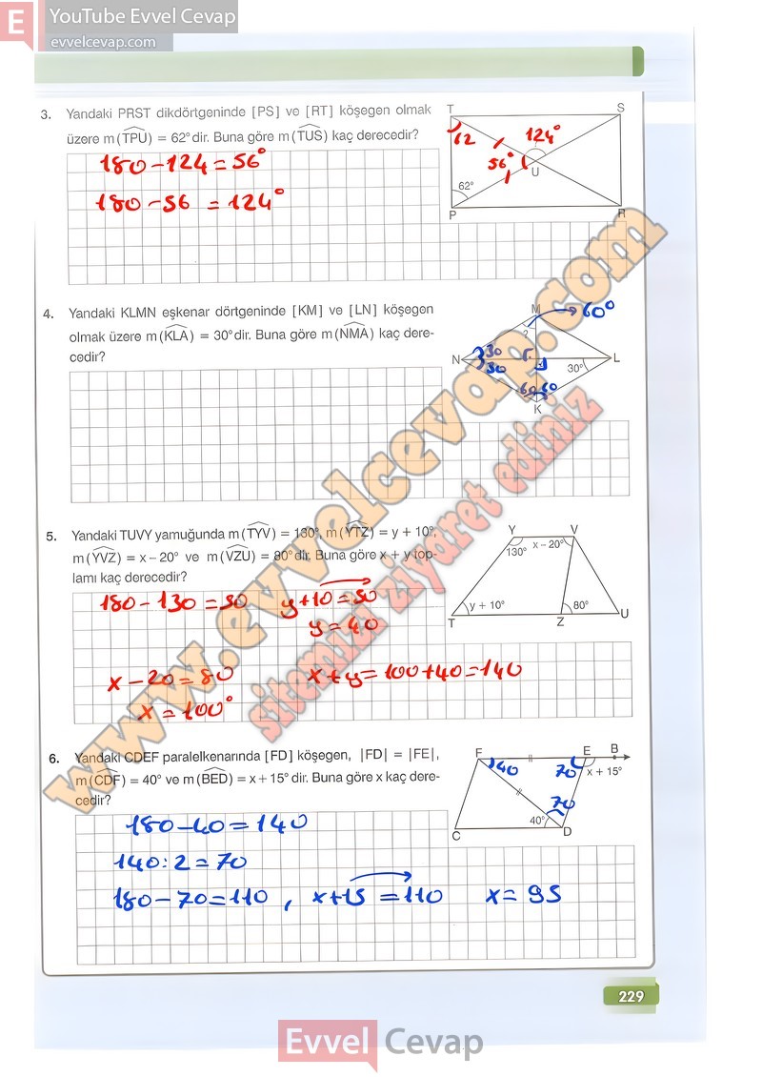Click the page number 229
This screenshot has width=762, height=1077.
[631, 997]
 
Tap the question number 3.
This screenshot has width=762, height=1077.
[46, 115]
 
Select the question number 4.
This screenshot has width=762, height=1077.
[48, 314]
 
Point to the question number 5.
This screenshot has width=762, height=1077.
[51, 537]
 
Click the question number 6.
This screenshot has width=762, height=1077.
[54, 759]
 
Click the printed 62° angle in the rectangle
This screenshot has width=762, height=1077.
[466, 187]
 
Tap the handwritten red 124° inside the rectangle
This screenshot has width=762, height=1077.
[543, 133]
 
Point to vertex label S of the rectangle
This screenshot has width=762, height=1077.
[620, 108]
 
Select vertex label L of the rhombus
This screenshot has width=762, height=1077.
[617, 358]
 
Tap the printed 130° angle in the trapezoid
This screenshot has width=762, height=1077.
[516, 552]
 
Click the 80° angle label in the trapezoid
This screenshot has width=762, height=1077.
[580, 604]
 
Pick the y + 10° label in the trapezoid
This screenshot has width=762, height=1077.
[486, 605]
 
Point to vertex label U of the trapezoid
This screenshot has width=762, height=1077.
[624, 613]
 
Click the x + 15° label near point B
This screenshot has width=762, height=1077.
[605, 771]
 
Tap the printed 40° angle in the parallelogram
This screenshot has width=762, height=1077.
[538, 820]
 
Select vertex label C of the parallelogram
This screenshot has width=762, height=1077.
[456, 836]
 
